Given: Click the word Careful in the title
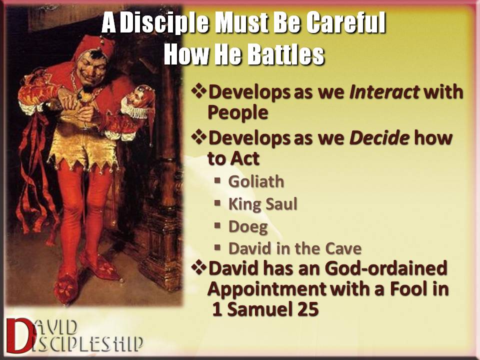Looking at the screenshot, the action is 345,22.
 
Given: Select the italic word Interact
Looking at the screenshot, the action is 384,91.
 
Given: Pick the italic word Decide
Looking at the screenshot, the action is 379,138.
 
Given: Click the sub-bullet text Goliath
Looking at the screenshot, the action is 256,181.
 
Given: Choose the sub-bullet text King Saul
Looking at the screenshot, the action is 263,204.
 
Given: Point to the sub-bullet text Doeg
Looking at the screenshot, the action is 248,227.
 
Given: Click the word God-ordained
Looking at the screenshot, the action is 386,268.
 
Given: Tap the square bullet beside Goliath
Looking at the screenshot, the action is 217,180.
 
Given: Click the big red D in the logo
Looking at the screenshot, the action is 19,335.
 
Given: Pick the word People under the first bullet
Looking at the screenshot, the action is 238,113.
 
